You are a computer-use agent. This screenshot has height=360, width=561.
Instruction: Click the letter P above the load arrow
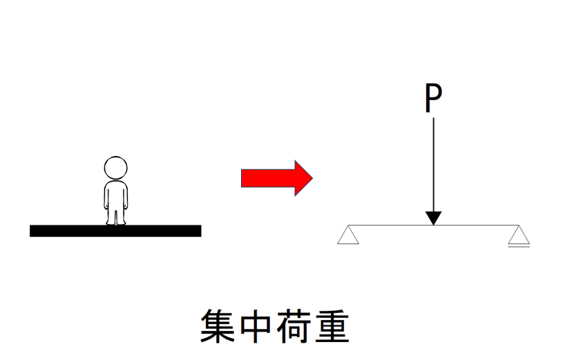click(x=433, y=97)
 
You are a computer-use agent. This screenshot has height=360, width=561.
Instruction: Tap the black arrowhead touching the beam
click(x=433, y=218)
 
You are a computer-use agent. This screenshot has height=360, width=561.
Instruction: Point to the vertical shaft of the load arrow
click(x=434, y=164)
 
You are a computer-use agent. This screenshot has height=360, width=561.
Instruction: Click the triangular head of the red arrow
click(x=303, y=178)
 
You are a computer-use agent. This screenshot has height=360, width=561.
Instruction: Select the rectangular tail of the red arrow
click(x=268, y=178)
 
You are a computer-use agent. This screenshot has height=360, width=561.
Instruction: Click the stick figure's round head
click(x=115, y=168)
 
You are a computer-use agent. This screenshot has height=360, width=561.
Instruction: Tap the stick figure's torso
click(x=115, y=195)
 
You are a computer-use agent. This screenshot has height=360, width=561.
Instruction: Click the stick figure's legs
click(x=115, y=216)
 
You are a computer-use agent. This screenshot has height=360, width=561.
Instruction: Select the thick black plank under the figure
click(x=115, y=231)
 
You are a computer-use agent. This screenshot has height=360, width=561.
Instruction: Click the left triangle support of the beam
click(x=348, y=235)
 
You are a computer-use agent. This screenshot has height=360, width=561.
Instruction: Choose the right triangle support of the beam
click(x=519, y=235)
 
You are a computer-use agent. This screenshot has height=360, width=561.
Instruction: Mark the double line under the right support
click(x=519, y=246)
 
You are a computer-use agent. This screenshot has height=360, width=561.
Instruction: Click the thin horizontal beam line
click(x=433, y=225)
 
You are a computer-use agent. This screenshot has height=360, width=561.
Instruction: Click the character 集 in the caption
click(x=218, y=325)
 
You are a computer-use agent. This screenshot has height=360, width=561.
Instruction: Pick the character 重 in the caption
click(x=332, y=325)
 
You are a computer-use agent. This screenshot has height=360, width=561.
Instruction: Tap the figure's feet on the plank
click(x=116, y=223)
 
